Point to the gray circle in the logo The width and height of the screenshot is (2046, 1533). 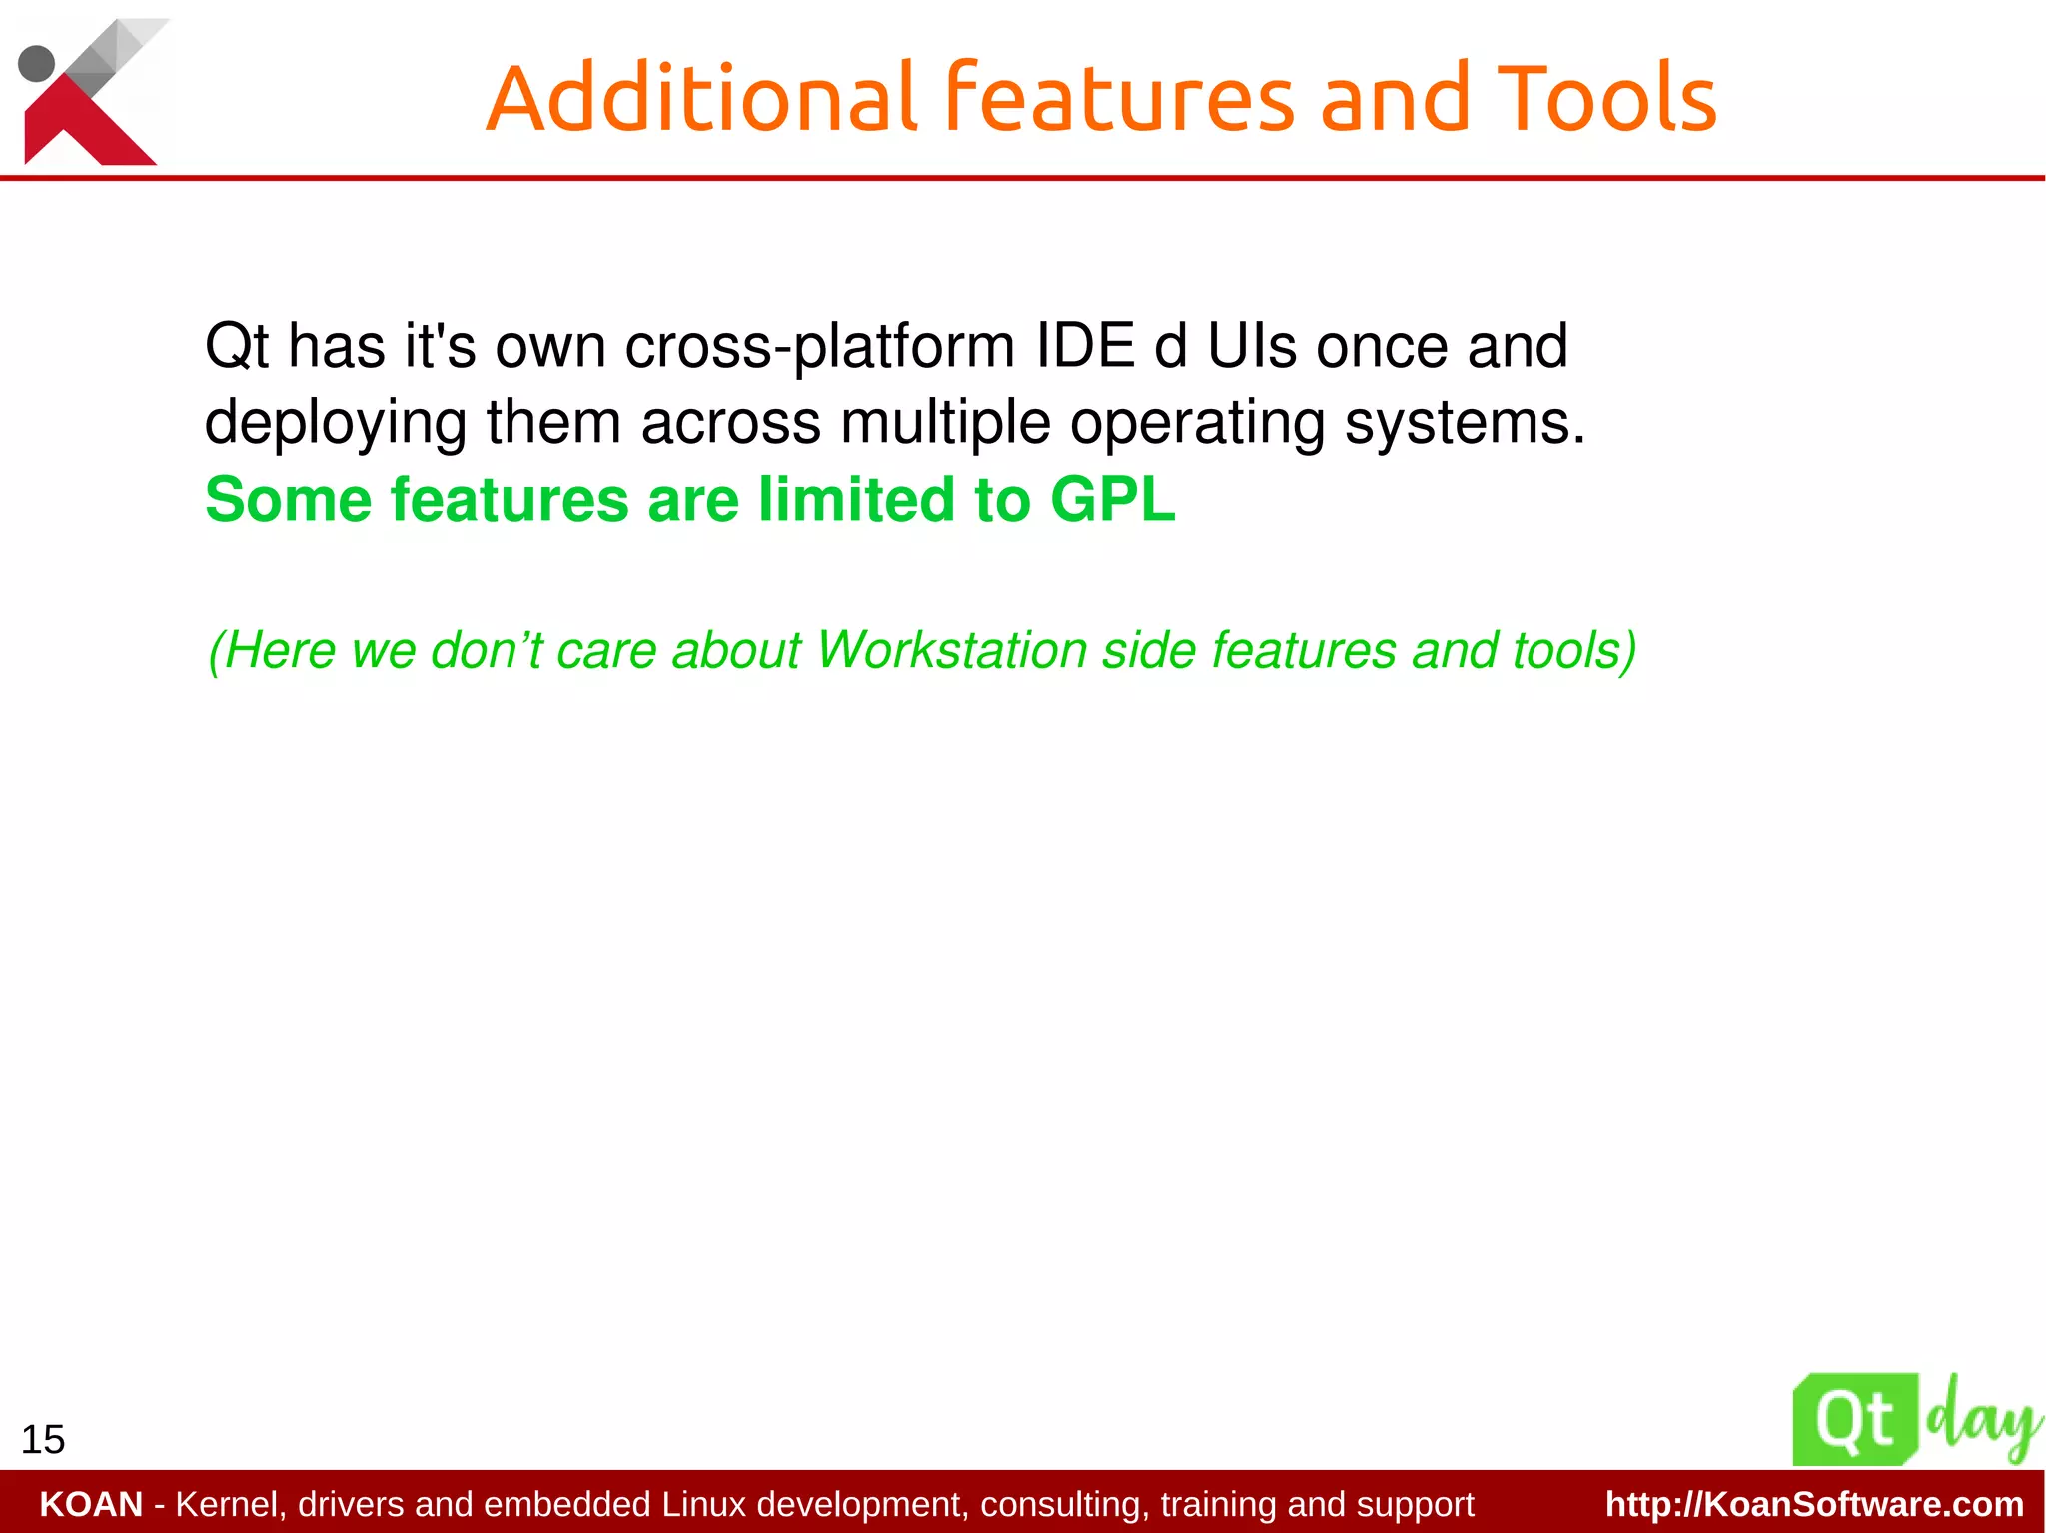(37, 64)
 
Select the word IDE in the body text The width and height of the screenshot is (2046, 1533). (1084, 346)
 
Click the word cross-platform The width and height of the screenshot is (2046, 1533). (820, 348)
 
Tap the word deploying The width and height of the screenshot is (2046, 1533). (335, 423)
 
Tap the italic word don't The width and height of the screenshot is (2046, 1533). (487, 650)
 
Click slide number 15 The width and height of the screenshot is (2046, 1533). (43, 1440)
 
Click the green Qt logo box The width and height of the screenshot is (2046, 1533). (1855, 1420)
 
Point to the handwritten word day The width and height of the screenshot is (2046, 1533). (1983, 1420)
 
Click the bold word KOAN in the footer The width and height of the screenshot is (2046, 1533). (91, 1504)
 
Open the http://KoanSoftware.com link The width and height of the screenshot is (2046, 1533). (1814, 1504)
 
